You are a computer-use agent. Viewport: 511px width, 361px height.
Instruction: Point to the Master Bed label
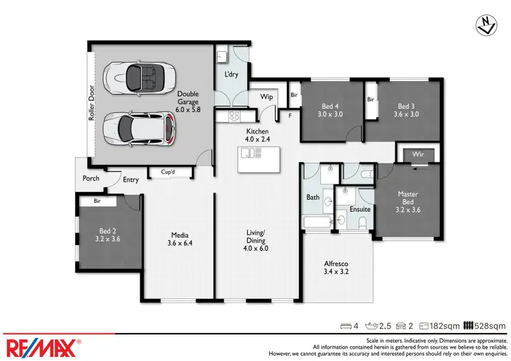(407, 198)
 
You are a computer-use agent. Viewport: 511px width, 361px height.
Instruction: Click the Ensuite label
(360, 210)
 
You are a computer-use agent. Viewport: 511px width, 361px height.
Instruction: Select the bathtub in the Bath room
(318, 222)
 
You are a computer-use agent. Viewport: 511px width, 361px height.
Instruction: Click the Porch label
(91, 178)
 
